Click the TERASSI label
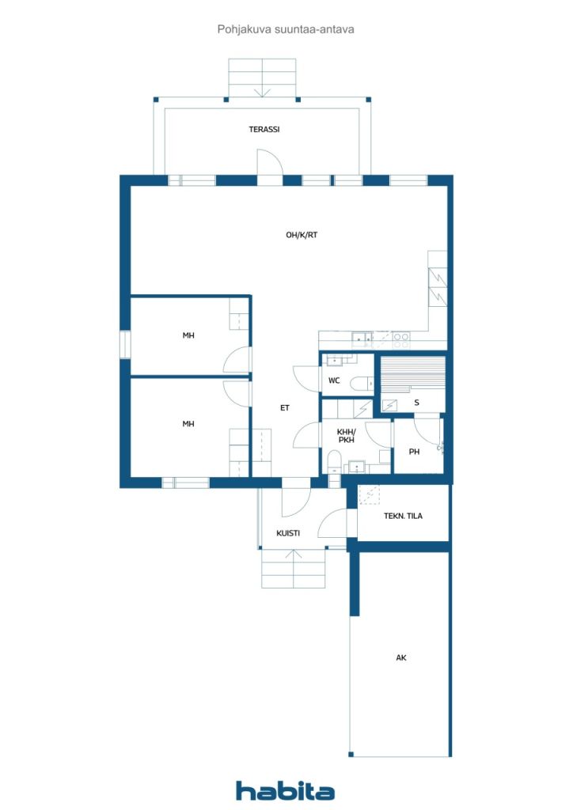264,129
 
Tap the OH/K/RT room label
302,235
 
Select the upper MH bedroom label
188,335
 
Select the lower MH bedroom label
188,424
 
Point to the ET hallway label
285,407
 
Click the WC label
334,380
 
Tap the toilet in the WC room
361,384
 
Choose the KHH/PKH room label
346,436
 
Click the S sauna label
416,403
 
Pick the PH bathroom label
414,452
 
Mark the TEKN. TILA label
403,516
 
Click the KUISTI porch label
288,533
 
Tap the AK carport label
401,657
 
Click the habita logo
285,790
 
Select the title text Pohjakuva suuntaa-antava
286,29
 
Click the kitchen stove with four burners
401,340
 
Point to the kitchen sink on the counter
362,339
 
